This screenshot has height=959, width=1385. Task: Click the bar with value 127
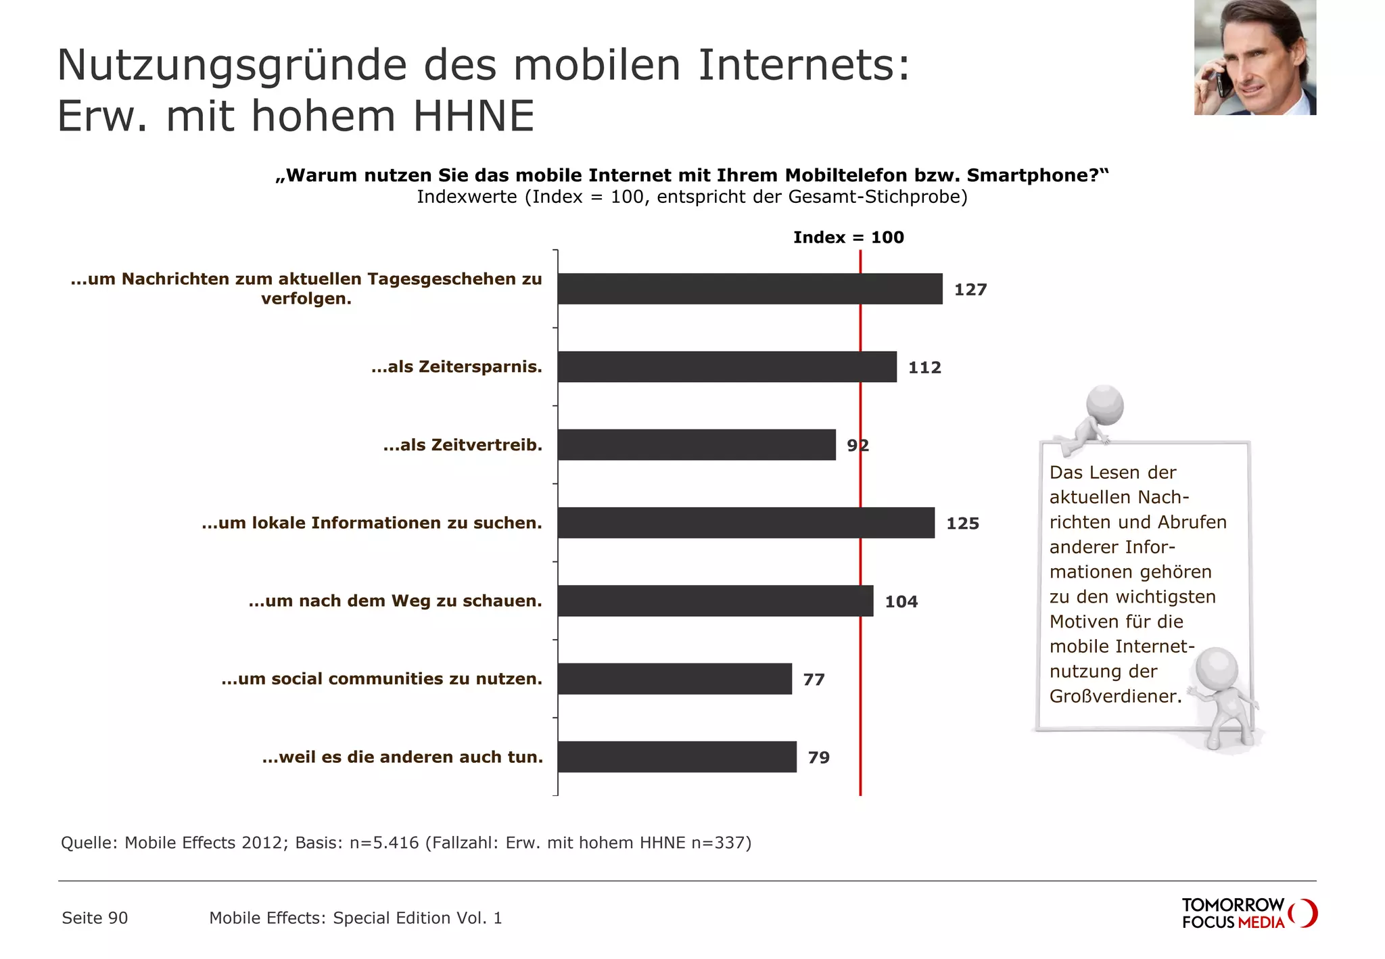749,289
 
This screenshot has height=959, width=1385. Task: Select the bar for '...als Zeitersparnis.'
727,367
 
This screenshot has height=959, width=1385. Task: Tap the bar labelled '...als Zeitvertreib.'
697,445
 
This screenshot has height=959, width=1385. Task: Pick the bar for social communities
674,679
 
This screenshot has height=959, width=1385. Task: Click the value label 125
962,523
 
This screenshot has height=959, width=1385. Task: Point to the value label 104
901,601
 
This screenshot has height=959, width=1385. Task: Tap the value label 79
818,757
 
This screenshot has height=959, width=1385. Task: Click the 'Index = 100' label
848,237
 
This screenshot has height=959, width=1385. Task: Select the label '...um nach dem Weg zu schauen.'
395,601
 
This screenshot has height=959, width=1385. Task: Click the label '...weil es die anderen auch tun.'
402,757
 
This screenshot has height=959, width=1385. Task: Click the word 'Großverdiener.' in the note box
1115,697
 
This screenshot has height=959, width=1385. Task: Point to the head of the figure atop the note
1105,405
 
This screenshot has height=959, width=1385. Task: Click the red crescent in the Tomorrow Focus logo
1307,913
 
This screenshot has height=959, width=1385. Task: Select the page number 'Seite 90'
95,918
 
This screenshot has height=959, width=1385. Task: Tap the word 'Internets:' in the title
804,65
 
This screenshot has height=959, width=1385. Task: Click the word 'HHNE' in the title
473,116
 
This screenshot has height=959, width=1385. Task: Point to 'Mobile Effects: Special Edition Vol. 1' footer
355,918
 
